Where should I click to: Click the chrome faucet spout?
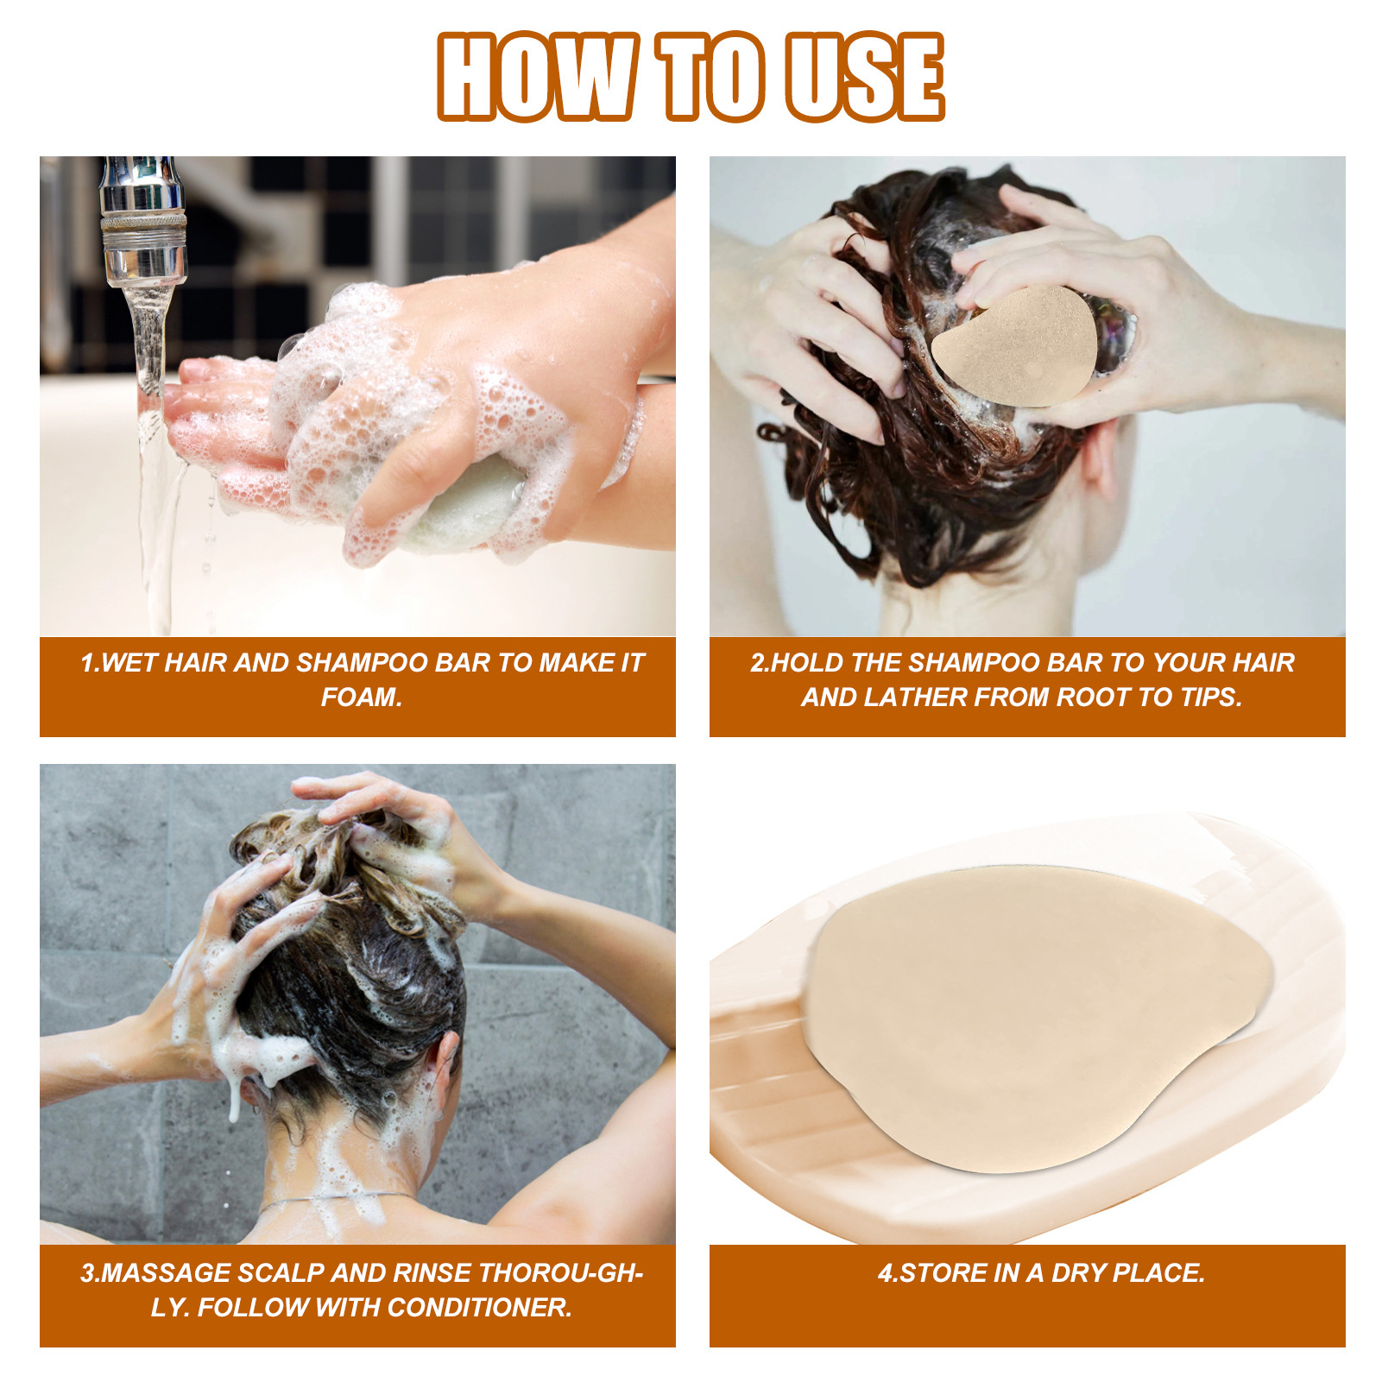(143, 224)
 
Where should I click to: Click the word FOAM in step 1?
(359, 697)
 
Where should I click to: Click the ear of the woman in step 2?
(1101, 458)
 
